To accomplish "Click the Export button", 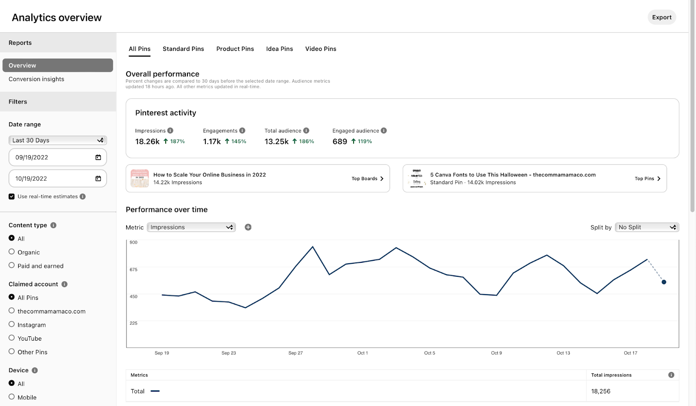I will click(662, 17).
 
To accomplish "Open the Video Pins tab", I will click(321, 49).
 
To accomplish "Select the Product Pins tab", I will click(235, 49).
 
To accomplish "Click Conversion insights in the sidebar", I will click(37, 79).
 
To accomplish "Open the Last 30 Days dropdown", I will click(57, 140).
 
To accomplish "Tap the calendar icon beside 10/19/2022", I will click(98, 178).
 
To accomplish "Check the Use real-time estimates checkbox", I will click(12, 197).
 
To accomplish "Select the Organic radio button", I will click(12, 252).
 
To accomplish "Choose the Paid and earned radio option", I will click(12, 265).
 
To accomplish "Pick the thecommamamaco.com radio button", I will click(12, 311).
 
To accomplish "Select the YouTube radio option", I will click(12, 338).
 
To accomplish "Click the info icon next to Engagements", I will click(242, 131).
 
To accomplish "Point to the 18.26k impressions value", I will click(147, 141).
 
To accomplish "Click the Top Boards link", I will click(368, 178).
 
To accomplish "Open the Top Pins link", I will click(647, 178).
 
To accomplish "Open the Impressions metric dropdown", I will click(191, 227).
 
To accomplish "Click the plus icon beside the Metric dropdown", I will click(248, 227).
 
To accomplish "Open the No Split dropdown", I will click(647, 227).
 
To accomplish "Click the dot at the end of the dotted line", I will click(664, 282).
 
